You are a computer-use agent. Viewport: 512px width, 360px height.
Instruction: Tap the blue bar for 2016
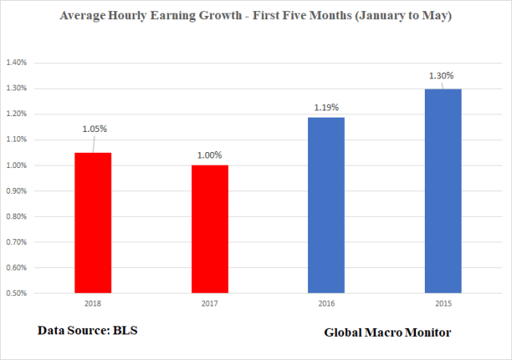coord(326,205)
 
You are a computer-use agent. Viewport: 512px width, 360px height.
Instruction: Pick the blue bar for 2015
coord(443,190)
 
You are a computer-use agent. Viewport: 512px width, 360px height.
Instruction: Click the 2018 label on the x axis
coord(93,305)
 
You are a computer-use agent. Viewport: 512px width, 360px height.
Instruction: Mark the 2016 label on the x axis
coord(326,305)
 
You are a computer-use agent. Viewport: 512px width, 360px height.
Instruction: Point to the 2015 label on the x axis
coord(443,305)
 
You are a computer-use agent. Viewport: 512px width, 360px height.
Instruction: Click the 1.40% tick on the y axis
coord(18,62)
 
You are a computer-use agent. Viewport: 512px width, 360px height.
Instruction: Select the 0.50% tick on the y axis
coord(18,294)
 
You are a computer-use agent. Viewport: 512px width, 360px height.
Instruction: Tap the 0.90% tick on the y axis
coord(18,191)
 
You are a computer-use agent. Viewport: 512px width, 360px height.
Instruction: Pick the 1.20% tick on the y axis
coord(18,114)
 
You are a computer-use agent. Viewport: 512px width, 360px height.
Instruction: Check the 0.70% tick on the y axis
coord(18,242)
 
